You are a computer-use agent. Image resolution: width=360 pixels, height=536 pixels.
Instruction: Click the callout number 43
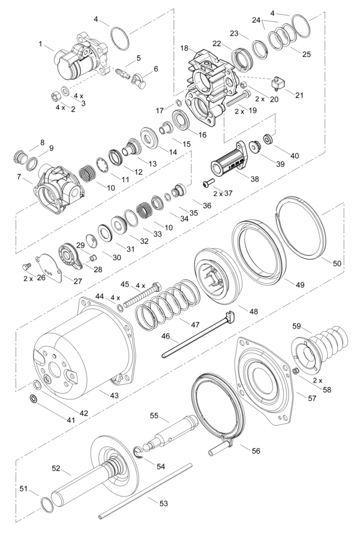click(x=114, y=395)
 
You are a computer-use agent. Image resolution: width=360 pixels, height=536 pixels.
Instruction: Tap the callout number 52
click(x=56, y=468)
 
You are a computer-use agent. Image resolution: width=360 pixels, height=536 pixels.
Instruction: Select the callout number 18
click(x=184, y=48)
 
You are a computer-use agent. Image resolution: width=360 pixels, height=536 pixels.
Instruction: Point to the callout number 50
click(x=337, y=264)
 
